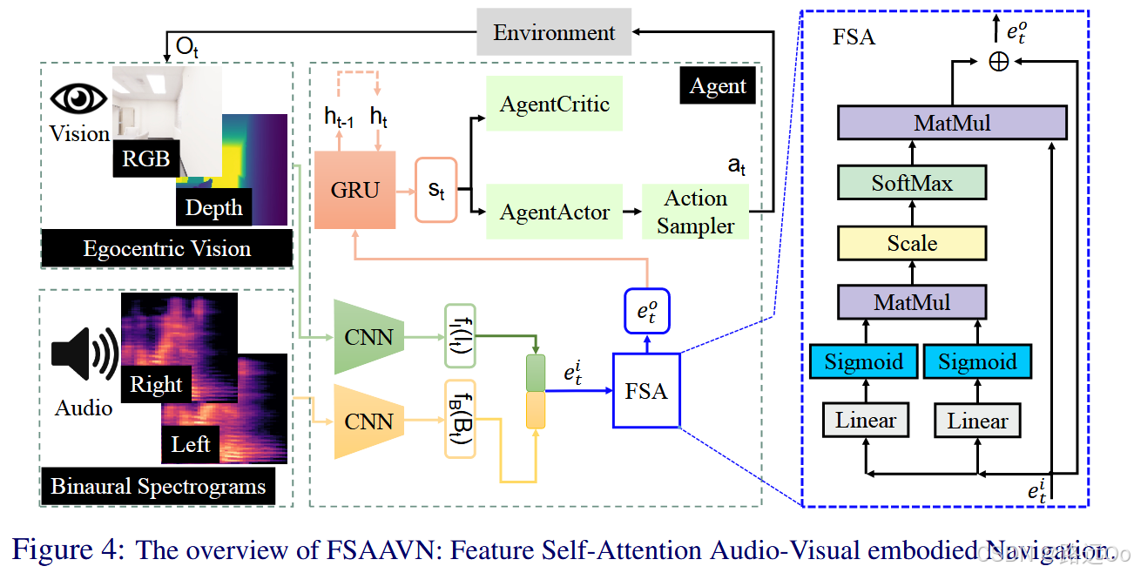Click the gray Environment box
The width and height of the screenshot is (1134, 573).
(554, 34)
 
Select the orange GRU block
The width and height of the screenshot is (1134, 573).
(354, 190)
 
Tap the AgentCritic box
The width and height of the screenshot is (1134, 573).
(554, 104)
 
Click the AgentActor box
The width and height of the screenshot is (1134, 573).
(554, 212)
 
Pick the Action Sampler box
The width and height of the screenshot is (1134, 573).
(695, 212)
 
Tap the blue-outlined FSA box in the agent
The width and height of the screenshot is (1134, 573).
(646, 391)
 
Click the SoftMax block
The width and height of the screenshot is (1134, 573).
(912, 184)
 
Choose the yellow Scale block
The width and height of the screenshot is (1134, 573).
(912, 243)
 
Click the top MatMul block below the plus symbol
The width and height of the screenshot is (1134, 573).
(952, 124)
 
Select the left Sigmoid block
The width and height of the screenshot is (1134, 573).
(864, 361)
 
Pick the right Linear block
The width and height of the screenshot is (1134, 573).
(977, 421)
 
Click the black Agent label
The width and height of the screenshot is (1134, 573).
(718, 86)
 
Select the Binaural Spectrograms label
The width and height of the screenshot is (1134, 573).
(158, 486)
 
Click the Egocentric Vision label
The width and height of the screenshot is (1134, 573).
(166, 249)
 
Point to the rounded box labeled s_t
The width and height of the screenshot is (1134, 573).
(436, 190)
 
